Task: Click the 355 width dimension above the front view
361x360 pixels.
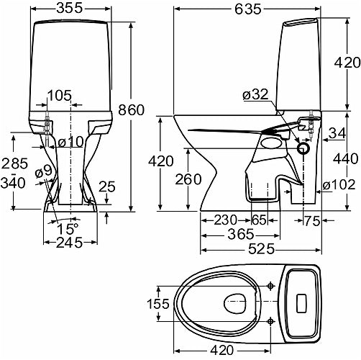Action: pyautogui.click(x=70, y=9)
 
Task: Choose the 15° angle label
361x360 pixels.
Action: pyautogui.click(x=68, y=229)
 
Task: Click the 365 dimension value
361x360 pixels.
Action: pyautogui.click(x=240, y=235)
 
